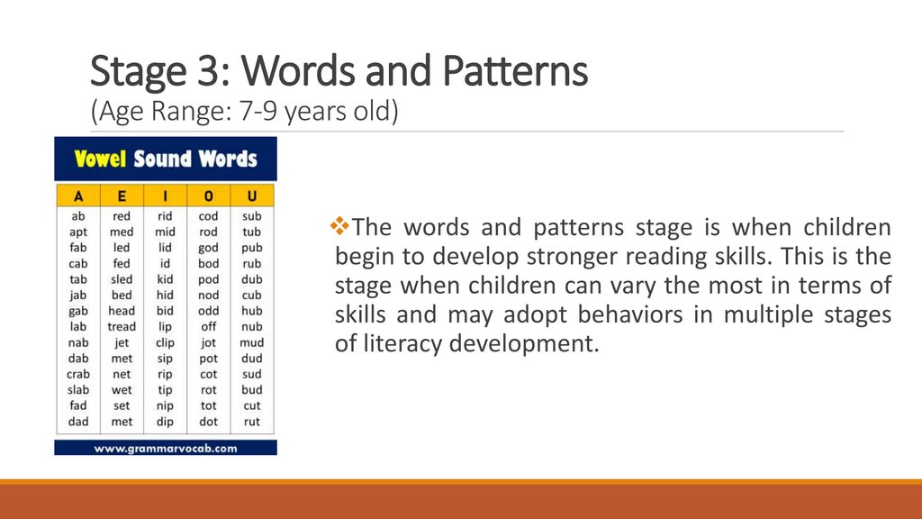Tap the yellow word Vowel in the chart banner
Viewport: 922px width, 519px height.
coord(100,159)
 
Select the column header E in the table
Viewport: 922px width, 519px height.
coord(122,196)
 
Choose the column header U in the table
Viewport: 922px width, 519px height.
coord(252,196)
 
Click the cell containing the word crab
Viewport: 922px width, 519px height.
coord(78,374)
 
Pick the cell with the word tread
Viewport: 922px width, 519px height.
coord(122,326)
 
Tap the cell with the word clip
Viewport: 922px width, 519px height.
coord(165,342)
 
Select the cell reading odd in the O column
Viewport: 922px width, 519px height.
coord(208,311)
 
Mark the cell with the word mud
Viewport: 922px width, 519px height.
coord(252,342)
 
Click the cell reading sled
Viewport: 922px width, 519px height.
coord(122,279)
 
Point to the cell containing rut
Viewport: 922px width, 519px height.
coord(252,421)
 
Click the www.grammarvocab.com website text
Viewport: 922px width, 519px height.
coord(166,447)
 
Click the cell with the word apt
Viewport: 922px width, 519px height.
coord(78,232)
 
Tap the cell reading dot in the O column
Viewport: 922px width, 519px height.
coord(208,421)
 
